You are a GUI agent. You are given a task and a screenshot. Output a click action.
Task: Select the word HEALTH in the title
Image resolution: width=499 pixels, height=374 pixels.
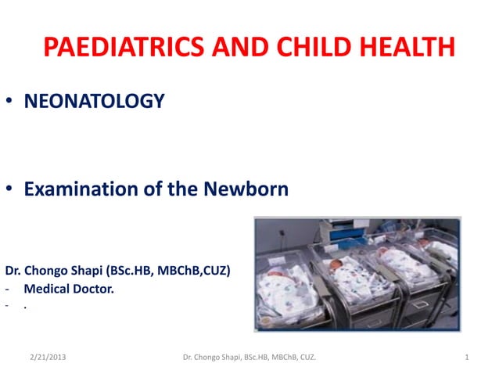406,48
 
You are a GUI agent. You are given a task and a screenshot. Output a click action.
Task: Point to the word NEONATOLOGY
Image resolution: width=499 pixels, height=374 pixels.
95,101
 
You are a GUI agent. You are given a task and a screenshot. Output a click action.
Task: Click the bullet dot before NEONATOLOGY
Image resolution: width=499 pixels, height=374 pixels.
10,102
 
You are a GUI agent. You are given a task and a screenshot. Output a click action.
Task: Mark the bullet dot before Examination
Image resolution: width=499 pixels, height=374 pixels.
10,190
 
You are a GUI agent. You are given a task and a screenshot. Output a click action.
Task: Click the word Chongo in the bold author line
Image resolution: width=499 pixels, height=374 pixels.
49,272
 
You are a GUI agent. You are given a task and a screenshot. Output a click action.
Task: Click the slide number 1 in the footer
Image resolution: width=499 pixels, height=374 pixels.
466,358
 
